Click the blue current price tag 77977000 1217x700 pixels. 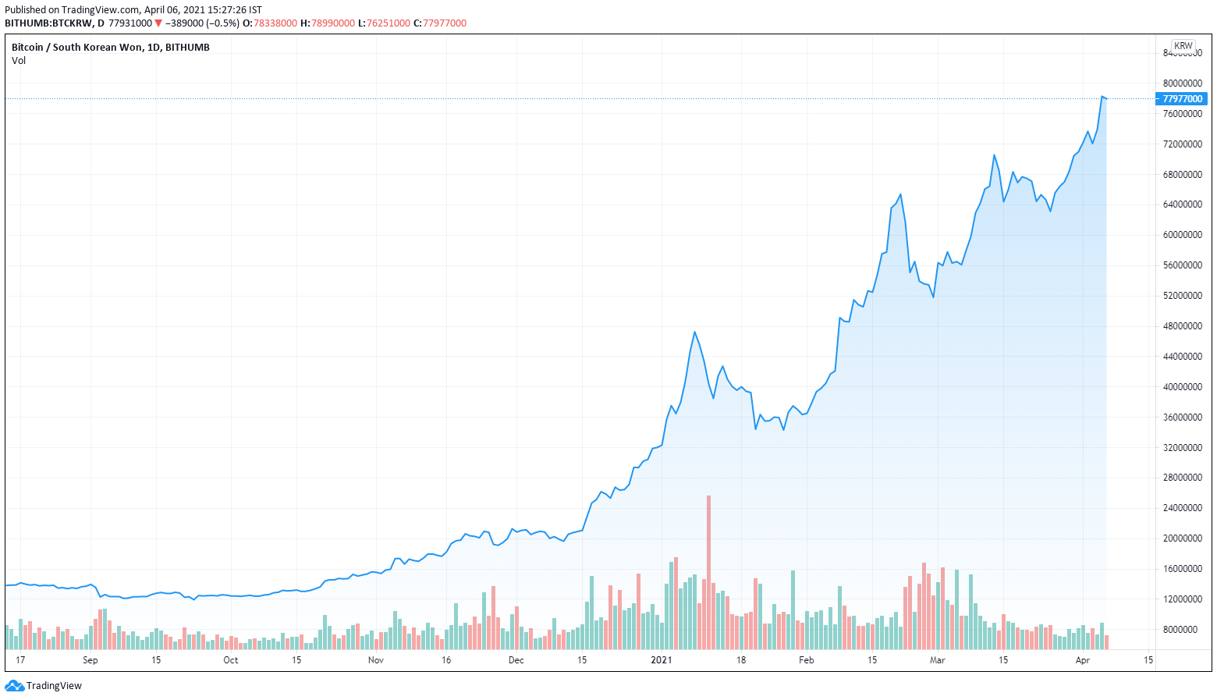click(x=1182, y=99)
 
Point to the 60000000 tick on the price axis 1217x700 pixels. click(x=1182, y=235)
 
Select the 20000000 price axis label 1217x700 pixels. click(x=1182, y=538)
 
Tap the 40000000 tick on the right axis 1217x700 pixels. click(x=1182, y=387)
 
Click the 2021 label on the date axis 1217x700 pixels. click(x=662, y=660)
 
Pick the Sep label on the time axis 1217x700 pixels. click(x=90, y=660)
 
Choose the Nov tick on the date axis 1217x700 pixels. click(x=376, y=660)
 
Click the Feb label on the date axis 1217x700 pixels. click(x=807, y=660)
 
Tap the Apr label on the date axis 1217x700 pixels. click(x=1083, y=660)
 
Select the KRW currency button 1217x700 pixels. click(x=1183, y=46)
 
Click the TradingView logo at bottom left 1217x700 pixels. click(x=44, y=686)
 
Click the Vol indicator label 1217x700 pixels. click(x=19, y=61)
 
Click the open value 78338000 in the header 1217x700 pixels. click(x=275, y=23)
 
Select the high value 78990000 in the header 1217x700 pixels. click(x=333, y=23)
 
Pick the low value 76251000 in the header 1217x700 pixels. click(x=389, y=23)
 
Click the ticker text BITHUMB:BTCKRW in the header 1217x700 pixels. click(x=49, y=23)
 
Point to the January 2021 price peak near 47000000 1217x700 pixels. click(x=695, y=332)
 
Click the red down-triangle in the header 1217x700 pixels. click(x=158, y=23)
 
